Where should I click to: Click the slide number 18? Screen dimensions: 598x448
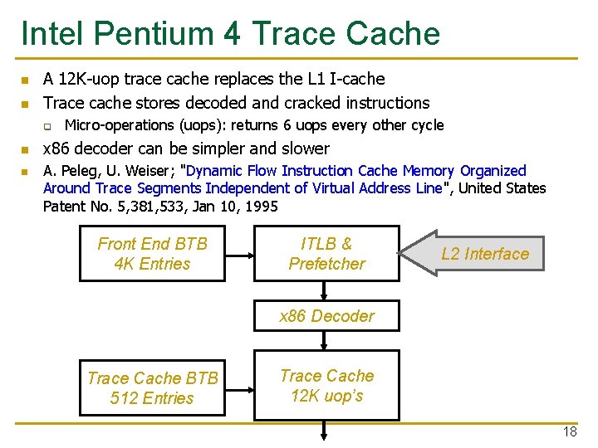(570, 431)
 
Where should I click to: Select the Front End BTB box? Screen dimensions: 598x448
(152, 254)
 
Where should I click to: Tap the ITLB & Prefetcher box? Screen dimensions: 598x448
(326, 254)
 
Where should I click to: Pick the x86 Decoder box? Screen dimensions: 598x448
(326, 316)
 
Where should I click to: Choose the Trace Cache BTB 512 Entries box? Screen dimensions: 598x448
(152, 388)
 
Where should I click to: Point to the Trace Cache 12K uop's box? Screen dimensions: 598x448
(326, 386)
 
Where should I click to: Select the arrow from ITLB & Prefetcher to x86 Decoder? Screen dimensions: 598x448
(326, 291)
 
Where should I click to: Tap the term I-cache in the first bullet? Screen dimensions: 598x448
(357, 80)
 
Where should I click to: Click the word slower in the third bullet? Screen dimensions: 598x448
(305, 149)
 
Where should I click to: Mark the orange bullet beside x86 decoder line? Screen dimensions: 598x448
(25, 150)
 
